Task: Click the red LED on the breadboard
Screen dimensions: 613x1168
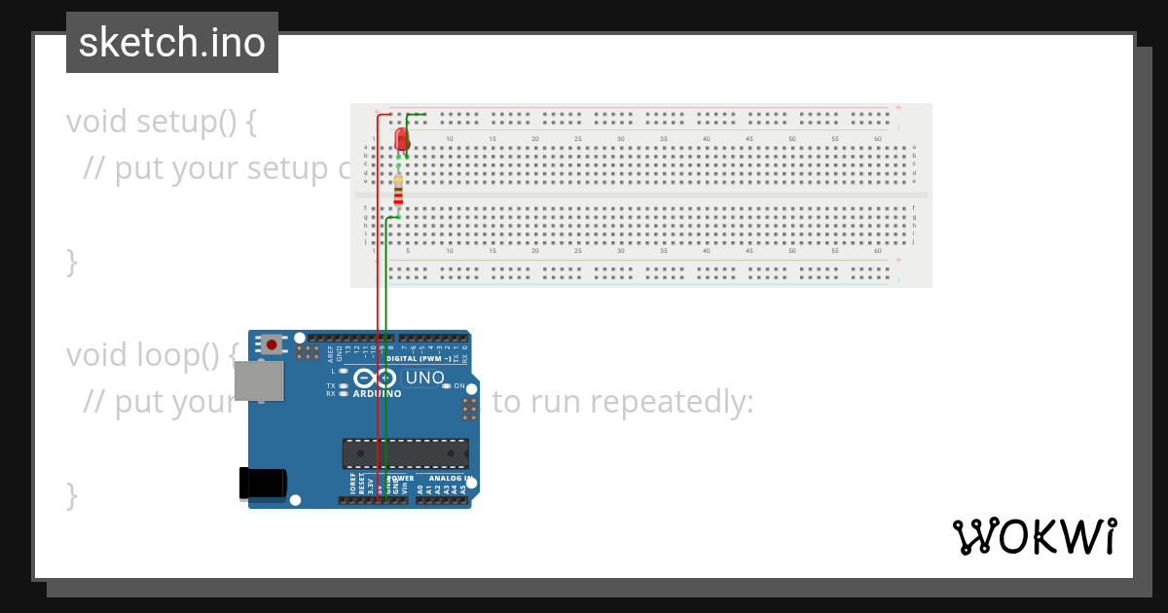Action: click(402, 140)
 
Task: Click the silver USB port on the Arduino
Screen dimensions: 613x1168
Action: click(260, 380)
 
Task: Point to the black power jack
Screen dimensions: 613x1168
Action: click(263, 484)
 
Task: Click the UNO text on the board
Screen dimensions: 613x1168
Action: click(424, 378)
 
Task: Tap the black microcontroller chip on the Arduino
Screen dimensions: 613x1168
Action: click(405, 453)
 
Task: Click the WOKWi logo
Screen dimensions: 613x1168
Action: click(1034, 536)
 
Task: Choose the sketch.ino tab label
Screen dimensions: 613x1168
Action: click(172, 43)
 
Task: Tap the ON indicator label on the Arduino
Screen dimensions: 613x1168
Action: click(458, 386)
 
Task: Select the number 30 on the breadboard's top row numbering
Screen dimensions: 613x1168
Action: click(620, 139)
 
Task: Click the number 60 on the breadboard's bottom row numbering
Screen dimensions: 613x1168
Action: click(877, 251)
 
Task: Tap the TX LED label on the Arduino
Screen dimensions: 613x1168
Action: click(331, 386)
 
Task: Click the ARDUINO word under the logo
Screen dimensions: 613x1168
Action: click(377, 394)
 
